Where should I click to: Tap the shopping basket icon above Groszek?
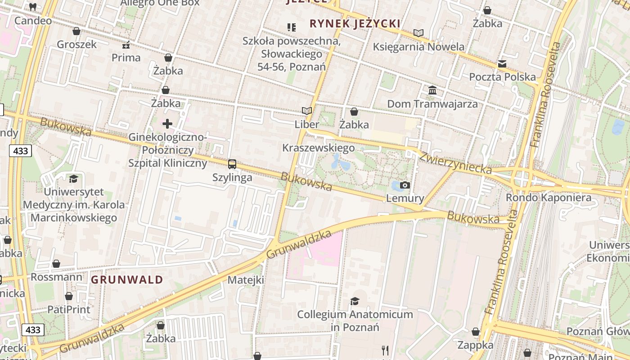76,31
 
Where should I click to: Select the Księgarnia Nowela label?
418,47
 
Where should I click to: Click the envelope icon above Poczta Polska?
502,64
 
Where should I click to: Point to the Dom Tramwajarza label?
432,104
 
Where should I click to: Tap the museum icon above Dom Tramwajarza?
432,90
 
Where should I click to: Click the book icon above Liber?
306,111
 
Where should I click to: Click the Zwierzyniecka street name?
455,162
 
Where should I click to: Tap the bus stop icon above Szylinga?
232,164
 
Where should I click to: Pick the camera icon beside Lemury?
405,185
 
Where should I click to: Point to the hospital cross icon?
167,123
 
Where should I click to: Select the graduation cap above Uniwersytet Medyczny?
73,179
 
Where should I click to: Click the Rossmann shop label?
57,277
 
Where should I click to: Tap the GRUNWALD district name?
127,280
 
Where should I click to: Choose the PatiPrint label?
69,310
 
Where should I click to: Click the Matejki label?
246,280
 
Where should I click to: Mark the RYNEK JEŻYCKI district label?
355,23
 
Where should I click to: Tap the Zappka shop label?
476,345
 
